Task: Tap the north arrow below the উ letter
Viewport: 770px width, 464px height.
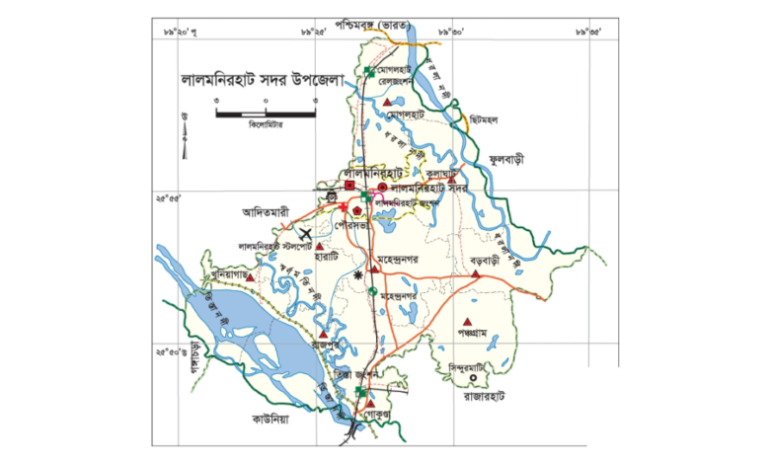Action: [185, 142]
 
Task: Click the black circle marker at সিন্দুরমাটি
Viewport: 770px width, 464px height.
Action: [474, 378]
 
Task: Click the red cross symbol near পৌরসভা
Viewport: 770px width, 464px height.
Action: [343, 208]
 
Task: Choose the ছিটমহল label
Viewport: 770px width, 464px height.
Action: [483, 120]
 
